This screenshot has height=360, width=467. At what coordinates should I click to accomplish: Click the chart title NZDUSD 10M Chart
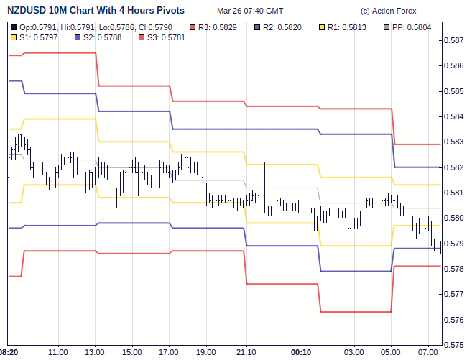(95, 11)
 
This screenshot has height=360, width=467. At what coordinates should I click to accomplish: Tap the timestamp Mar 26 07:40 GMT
(249, 11)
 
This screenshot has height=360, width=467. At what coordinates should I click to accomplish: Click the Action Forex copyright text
(388, 11)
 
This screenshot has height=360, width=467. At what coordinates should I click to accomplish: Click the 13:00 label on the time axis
(95, 352)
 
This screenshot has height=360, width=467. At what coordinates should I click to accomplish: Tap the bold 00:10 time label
(302, 352)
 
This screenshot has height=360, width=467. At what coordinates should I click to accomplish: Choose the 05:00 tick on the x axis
(391, 352)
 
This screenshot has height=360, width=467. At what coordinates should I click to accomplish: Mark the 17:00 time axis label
(169, 352)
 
